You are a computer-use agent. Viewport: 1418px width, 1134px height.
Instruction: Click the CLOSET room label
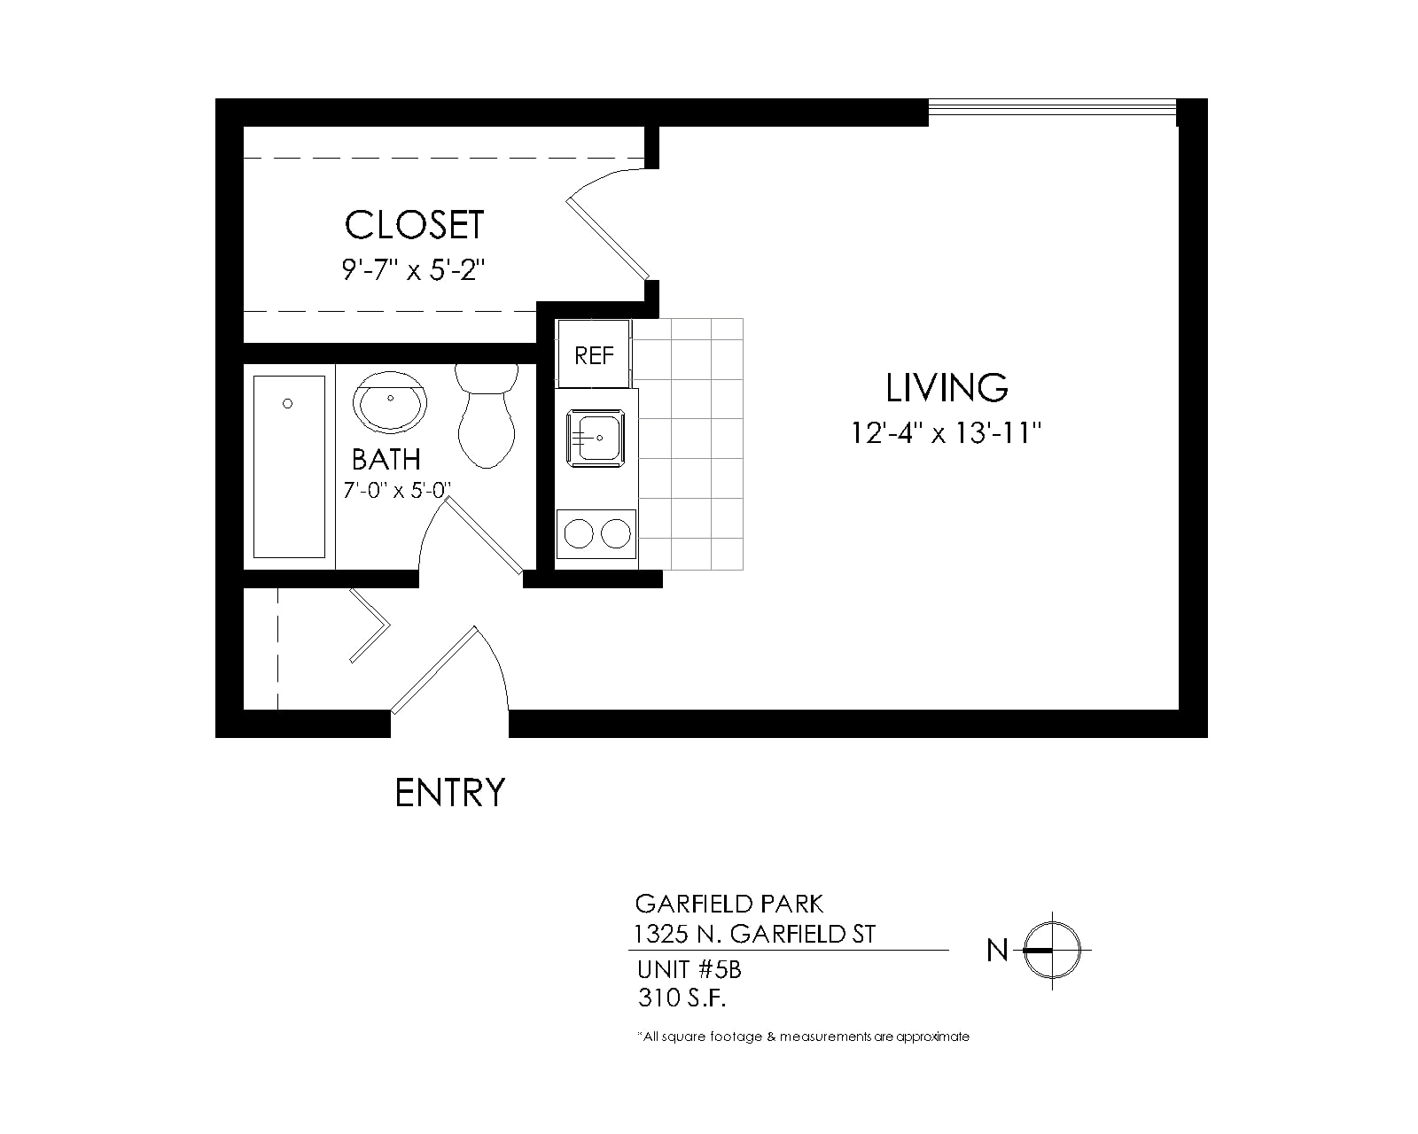point(415,225)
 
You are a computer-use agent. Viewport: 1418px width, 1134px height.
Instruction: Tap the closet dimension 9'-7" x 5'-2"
point(413,270)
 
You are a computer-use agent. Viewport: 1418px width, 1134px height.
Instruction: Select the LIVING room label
point(947,387)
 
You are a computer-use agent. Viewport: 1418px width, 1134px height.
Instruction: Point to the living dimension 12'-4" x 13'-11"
point(947,433)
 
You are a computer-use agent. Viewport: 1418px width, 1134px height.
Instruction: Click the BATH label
point(386,460)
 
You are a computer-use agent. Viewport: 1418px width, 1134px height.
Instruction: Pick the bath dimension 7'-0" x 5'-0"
point(397,490)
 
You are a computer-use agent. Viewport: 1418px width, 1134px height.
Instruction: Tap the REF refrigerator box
point(594,353)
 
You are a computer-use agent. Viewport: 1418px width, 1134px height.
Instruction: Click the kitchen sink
point(596,439)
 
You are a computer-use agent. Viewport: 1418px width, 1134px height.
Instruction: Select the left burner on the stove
point(580,533)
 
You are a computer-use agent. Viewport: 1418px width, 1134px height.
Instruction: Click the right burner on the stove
point(616,533)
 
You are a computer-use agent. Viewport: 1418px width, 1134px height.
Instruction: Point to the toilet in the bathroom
point(487,416)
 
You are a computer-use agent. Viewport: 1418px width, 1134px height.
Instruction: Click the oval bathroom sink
point(389,402)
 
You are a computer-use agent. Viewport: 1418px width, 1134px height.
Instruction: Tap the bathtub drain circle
point(287,403)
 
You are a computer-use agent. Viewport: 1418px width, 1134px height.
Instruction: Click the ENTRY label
point(450,793)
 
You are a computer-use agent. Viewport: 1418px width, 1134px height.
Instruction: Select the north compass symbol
point(1052,951)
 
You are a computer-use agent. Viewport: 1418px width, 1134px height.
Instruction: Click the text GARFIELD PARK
point(728,904)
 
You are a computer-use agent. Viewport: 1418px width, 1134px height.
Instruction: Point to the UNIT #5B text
point(690,970)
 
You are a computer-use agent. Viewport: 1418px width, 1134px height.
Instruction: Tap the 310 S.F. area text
point(682,998)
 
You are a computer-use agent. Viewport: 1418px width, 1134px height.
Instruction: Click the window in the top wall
point(1052,112)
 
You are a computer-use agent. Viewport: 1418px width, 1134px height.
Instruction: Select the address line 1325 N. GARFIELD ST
point(754,935)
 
